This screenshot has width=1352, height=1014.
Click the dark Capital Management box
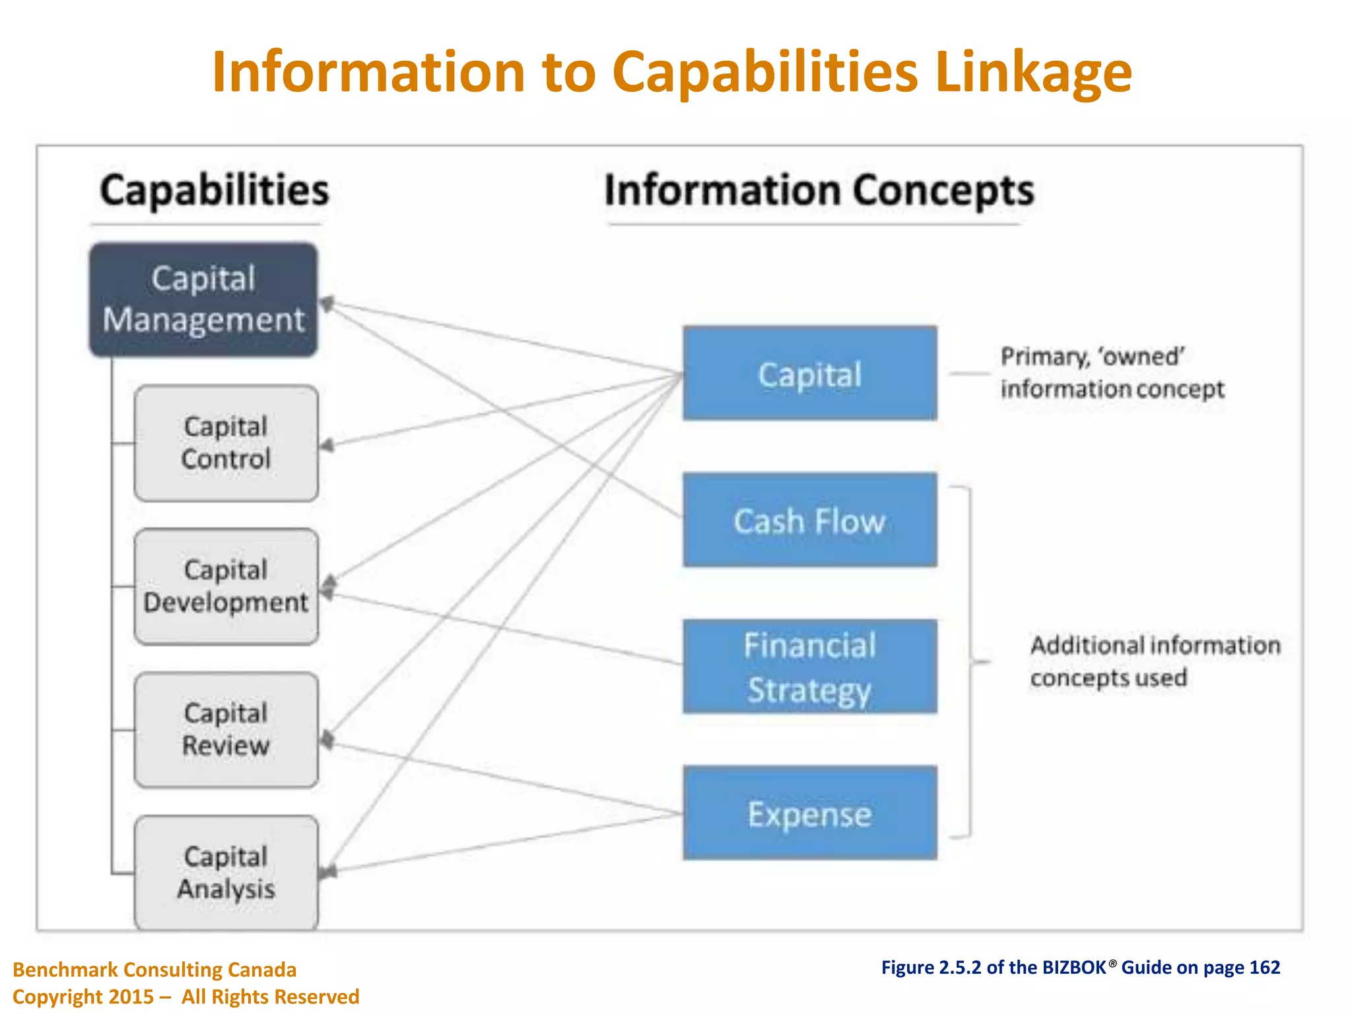[x=203, y=300]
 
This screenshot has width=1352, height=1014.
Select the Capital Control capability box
[x=226, y=443]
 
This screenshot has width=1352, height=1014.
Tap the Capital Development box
[x=226, y=586]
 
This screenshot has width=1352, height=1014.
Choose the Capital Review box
[x=226, y=729]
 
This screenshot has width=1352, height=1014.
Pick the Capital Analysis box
[x=226, y=872]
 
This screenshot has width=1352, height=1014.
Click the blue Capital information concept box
[x=809, y=374]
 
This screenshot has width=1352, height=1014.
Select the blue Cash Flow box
[x=809, y=520]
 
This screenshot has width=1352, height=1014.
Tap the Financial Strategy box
[x=809, y=667]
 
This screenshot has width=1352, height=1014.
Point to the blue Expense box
[x=809, y=813]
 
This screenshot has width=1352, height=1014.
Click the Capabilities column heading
[x=214, y=190]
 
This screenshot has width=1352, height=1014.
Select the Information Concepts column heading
[x=819, y=190]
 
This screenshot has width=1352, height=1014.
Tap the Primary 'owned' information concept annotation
[x=1112, y=373]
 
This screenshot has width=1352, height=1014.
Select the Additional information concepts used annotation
[x=1154, y=661]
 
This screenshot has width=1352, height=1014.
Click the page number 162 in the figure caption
[x=1264, y=968]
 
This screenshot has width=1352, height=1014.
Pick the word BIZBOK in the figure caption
[x=1074, y=968]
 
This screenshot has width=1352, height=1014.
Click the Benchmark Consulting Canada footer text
[x=154, y=970]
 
